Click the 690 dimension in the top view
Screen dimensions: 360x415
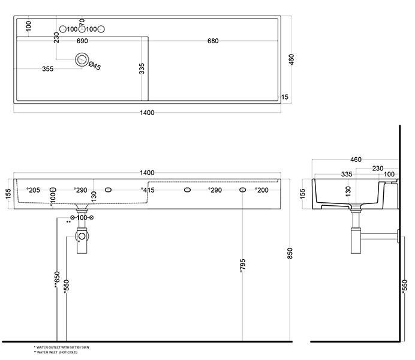pos(82,41)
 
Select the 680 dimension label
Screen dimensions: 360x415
pos(212,41)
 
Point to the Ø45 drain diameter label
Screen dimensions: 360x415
pos(94,66)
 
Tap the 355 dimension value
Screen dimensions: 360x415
pos(48,69)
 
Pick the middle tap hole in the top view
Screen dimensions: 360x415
pos(82,29)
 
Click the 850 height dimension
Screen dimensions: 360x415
pos(290,254)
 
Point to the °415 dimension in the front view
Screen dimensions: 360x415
pos(148,190)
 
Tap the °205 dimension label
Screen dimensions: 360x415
pos(32,190)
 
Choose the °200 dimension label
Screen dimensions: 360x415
pos(261,190)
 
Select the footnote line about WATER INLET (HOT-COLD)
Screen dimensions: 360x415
pos(57,352)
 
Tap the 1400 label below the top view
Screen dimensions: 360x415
pos(147,113)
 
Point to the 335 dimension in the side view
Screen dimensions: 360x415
pos(330,174)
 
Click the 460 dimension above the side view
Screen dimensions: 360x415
pos(356,160)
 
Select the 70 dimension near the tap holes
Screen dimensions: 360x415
pos(82,22)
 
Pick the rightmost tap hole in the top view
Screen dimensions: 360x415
pos(101,29)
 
